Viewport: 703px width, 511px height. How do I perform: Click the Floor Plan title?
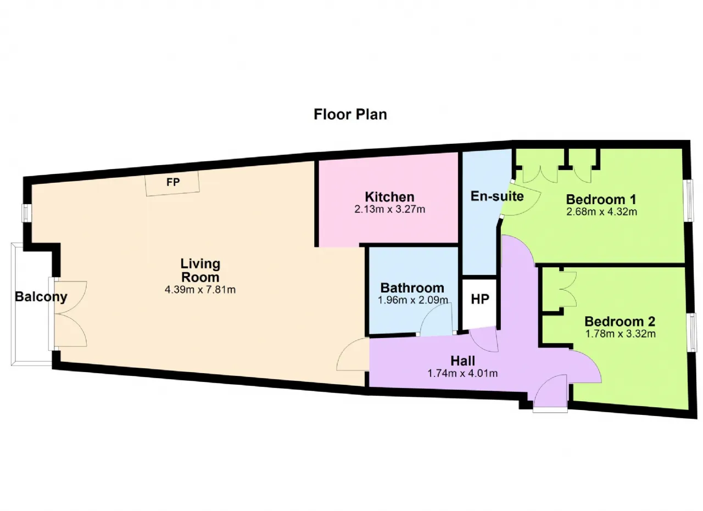(350, 115)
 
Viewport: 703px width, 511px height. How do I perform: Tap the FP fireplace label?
(173, 182)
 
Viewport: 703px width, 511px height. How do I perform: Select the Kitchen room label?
(389, 197)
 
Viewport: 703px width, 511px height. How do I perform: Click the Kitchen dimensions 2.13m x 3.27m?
(389, 209)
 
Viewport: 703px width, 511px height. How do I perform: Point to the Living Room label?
(200, 271)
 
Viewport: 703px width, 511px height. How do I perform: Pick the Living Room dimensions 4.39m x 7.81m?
(200, 290)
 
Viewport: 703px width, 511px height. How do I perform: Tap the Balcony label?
(41, 297)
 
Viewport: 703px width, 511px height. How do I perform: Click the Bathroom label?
(412, 288)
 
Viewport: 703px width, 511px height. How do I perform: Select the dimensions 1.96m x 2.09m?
(412, 300)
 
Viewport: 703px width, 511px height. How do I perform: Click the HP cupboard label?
(480, 299)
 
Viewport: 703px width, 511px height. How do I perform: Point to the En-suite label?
(497, 196)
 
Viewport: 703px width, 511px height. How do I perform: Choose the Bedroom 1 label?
(601, 199)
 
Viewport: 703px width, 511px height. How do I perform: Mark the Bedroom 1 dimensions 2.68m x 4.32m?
(601, 212)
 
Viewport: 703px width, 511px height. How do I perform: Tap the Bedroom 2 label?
(620, 322)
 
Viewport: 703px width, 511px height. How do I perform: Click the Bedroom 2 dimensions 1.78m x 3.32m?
(621, 334)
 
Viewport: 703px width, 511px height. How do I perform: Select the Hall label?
(462, 361)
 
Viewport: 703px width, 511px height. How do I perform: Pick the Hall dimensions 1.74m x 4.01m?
(462, 373)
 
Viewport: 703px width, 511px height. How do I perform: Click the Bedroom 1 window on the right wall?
(689, 200)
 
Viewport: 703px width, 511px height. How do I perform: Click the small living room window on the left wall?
(27, 214)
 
